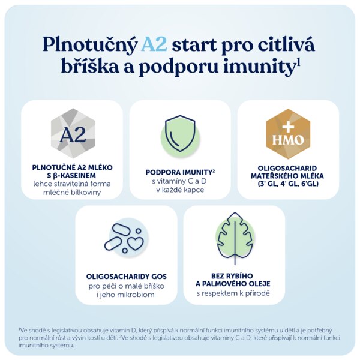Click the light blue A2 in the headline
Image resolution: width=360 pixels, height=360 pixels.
pos(154,44)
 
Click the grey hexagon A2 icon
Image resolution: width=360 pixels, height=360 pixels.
pos(73,133)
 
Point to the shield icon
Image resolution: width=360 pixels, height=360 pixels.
pos(180,133)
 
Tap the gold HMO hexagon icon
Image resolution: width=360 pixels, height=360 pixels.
pos(288,134)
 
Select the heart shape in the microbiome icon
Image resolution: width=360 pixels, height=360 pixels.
pos(136,243)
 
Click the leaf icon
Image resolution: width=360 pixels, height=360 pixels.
pos(235,238)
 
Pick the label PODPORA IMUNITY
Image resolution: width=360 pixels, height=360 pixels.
pos(179,172)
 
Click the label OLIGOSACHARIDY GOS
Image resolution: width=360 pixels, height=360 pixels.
pos(127,277)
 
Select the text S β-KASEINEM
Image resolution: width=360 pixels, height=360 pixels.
pos(71,176)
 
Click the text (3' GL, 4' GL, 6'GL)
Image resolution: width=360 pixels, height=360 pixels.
pos(288,184)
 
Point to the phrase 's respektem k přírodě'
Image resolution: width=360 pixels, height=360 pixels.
pos(233,293)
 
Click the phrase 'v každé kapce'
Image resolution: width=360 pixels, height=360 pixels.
pos(180,190)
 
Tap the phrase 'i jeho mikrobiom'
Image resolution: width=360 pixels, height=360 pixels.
pos(125,295)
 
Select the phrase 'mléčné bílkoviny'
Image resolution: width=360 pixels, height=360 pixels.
pos(72,193)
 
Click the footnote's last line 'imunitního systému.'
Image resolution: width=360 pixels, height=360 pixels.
pos(47,346)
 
